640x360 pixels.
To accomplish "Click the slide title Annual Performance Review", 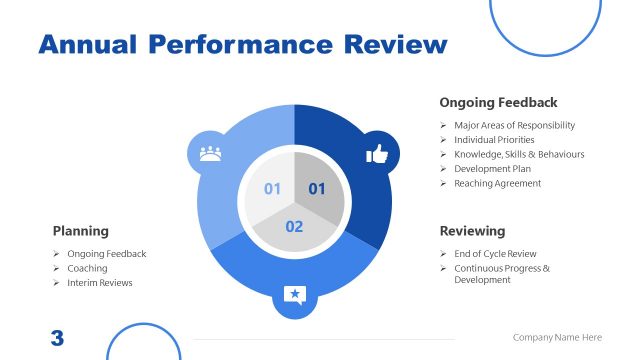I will click(242, 45).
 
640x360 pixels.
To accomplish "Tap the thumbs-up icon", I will click(377, 153).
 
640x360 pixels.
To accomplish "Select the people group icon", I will click(210, 153).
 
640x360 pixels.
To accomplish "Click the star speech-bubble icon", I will click(294, 294).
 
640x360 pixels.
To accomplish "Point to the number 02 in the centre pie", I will click(294, 227).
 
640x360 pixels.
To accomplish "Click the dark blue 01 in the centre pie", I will click(317, 188).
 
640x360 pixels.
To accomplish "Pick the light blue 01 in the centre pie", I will click(272, 188).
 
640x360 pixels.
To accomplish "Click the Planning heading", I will click(81, 231).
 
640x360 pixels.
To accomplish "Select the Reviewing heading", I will click(472, 231).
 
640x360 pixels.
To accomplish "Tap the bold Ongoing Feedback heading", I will click(498, 102).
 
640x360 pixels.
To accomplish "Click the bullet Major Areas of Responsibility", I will click(514, 125).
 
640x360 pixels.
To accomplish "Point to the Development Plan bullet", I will click(493, 169).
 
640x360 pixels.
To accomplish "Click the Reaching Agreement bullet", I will click(497, 183).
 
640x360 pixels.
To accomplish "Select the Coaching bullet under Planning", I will click(87, 268).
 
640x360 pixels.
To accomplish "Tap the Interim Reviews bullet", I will click(100, 283).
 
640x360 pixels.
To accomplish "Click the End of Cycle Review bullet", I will click(495, 254).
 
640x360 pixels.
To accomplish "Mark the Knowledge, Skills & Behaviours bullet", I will click(519, 154).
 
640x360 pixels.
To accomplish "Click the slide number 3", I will click(57, 338).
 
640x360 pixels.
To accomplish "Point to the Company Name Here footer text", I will click(558, 338).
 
